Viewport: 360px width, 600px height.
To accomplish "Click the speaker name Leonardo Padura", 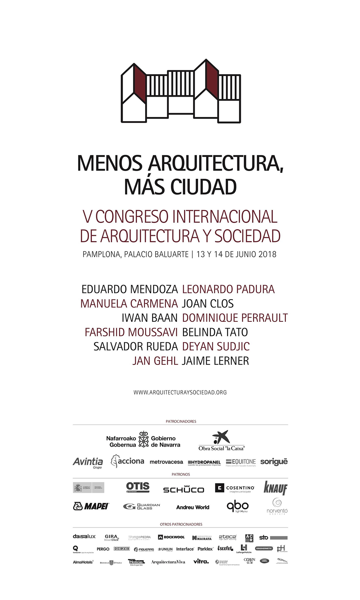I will pos(228,289).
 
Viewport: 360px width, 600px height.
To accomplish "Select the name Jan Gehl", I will pos(155,361).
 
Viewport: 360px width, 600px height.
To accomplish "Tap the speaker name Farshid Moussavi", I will pos(131,332).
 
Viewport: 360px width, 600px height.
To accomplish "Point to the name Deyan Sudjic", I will pos(216,346).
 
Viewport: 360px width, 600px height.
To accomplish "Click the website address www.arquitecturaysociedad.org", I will pos(180,392).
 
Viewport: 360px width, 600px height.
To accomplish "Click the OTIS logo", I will pos(138,487).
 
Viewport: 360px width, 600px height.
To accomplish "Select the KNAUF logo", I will pos(275,488).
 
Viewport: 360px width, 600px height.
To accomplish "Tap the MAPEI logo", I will pos(91,506).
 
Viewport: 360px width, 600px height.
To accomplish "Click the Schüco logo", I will pos(183,489).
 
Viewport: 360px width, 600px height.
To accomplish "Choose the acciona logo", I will pos(127,461).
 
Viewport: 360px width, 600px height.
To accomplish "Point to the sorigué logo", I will pos(274,462).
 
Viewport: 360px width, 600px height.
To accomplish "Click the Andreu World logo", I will pos(193,507).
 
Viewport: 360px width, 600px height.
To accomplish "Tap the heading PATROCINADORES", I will pos(181,421).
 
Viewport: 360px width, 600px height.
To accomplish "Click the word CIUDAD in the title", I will pos(204,187).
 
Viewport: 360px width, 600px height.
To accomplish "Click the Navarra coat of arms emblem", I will pos(144,439).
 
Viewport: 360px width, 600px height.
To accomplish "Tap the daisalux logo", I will pos(84,536).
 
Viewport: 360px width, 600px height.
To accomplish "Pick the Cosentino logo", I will pos(235,488).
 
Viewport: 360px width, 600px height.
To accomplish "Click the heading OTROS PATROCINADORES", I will pos(181,524).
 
